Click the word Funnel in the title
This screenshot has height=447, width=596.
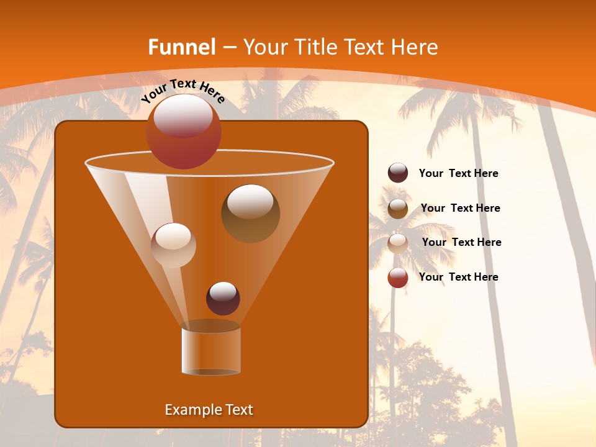pos(182,47)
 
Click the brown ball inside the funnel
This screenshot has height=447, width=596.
pos(251,214)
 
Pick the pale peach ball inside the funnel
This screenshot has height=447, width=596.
pos(173,245)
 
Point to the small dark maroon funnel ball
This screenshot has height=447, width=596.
pos(223,299)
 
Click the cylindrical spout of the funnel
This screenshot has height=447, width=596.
pos(211,351)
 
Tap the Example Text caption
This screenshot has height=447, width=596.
pos(209,410)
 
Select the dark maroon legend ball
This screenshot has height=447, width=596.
pos(398,173)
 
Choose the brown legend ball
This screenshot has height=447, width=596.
pos(398,209)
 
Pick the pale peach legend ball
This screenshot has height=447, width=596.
pos(398,243)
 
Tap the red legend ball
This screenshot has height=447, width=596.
pos(398,278)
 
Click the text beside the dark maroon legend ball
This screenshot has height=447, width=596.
pos(458,173)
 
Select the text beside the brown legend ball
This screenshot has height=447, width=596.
pos(460,208)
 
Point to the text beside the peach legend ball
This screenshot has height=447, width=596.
pos(461,242)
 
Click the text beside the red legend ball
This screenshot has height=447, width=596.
pos(458,277)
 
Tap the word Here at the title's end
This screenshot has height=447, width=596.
pos(416,47)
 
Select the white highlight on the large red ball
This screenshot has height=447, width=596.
pos(183,115)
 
